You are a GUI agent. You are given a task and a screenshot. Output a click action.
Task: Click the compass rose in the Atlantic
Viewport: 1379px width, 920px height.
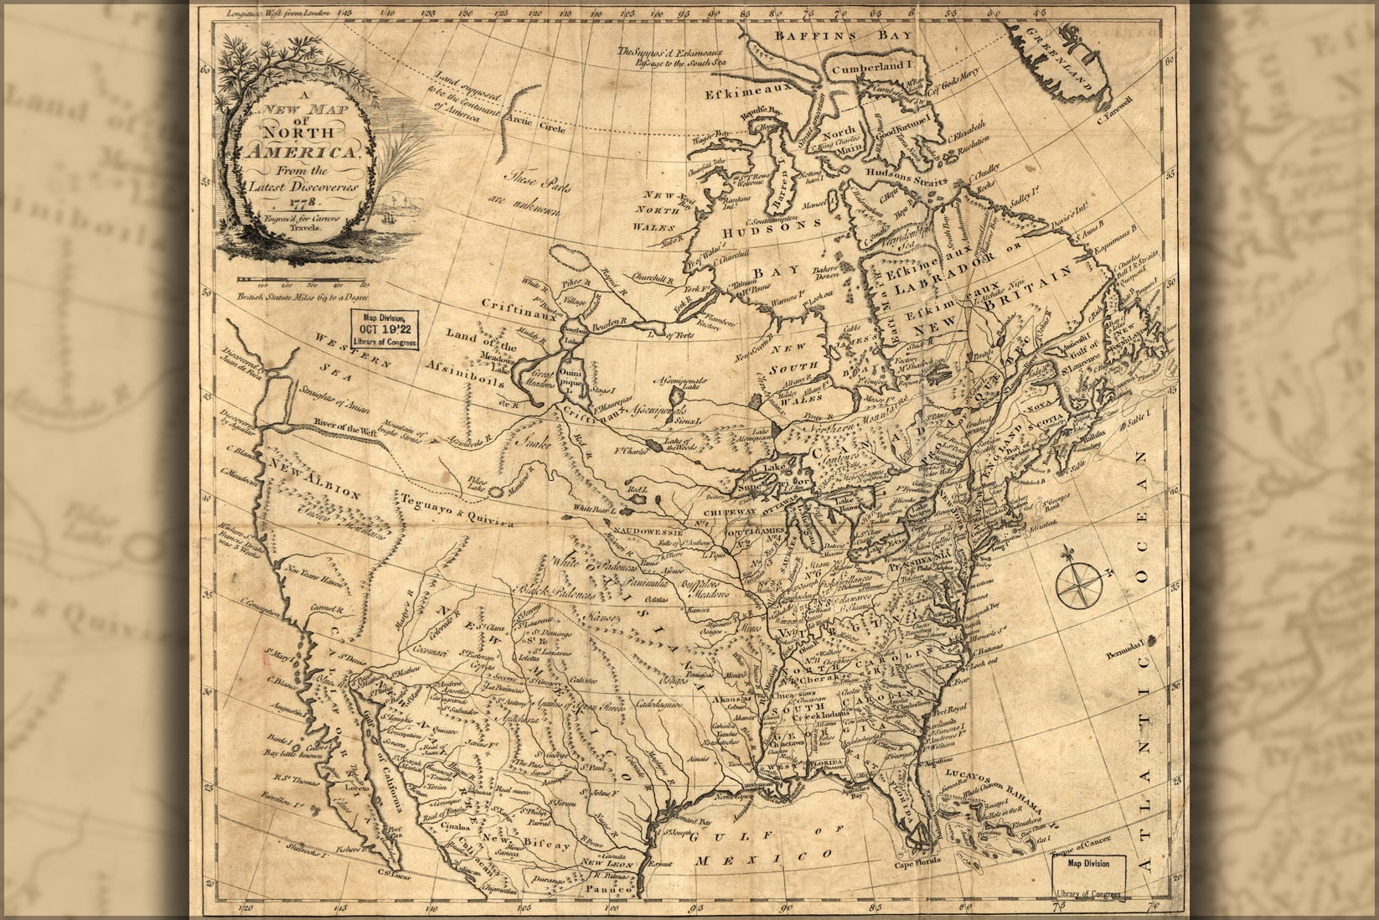(1080, 584)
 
